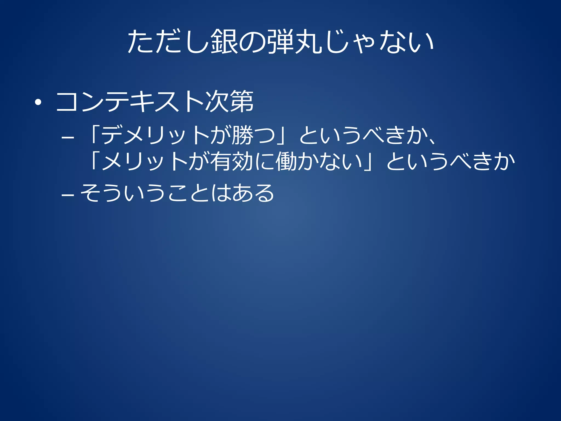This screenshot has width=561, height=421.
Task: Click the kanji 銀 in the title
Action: point(224,42)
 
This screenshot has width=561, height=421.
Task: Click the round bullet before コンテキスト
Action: point(38,103)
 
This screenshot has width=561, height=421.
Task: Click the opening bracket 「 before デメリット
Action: point(94,135)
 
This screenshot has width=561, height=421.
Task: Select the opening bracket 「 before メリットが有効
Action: point(94,162)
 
